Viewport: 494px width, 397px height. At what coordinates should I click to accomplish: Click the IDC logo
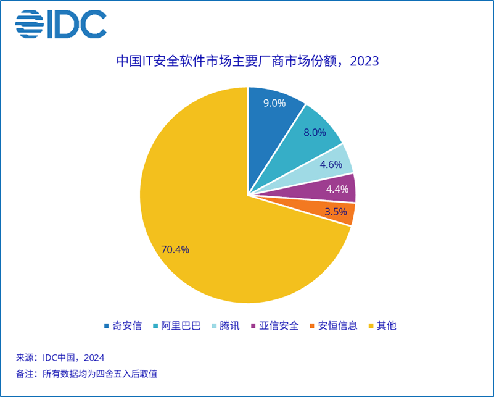point(61,24)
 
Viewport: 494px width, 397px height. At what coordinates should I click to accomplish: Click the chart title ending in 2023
point(248,61)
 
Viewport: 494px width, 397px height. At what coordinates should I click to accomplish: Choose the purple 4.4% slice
point(334,189)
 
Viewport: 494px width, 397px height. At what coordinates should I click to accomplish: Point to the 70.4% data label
point(175,249)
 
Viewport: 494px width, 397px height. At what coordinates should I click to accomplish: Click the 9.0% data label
point(274,103)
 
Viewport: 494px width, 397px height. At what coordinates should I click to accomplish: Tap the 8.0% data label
point(315,133)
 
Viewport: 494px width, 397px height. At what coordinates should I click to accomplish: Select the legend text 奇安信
point(127,325)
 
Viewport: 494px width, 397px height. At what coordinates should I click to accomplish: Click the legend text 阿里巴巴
point(181,325)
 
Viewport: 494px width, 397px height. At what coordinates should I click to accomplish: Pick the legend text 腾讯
point(229,325)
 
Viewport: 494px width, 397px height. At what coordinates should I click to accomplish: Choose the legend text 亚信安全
point(279,325)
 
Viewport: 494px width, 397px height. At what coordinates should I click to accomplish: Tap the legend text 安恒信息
point(338,325)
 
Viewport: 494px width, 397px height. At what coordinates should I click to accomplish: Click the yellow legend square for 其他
point(371,326)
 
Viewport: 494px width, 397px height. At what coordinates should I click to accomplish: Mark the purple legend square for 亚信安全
point(253,326)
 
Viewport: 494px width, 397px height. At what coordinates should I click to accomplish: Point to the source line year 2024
point(94,357)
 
